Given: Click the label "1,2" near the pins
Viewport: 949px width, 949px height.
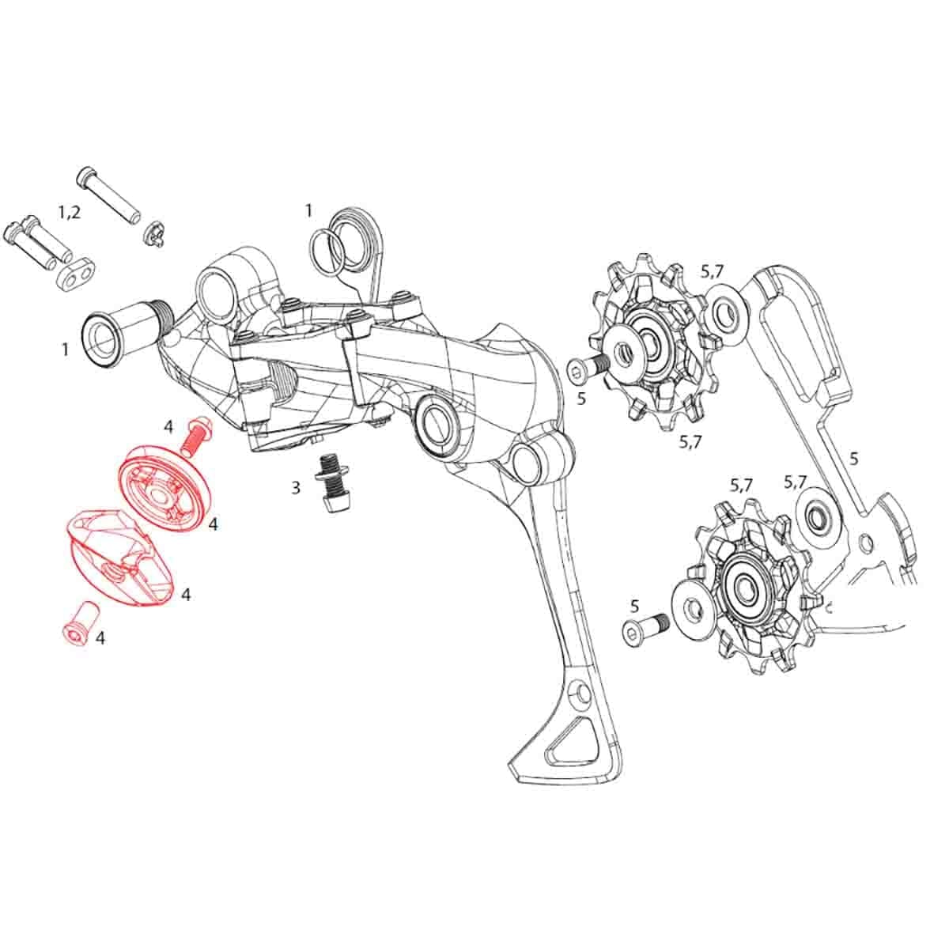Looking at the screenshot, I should point(70,211).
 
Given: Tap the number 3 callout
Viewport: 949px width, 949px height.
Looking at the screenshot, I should point(296,488).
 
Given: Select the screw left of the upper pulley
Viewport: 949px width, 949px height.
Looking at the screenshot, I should point(586,367).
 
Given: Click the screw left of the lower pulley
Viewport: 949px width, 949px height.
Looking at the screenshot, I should point(644,630).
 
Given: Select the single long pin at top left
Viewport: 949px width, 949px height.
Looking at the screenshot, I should point(108,195).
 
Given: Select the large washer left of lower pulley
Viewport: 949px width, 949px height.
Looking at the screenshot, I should point(696,608).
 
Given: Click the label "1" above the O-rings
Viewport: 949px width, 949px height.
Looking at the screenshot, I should point(309,210).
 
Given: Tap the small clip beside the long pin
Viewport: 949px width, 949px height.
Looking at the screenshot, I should point(153,233).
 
